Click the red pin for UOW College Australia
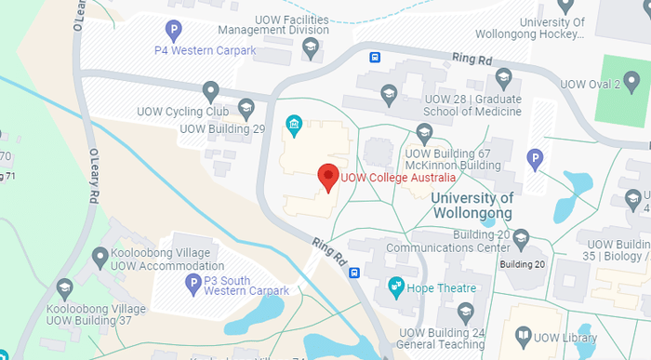tap(326, 176)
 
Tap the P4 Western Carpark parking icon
tap(173, 31)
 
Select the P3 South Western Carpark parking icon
tap(193, 284)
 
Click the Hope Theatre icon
tap(395, 285)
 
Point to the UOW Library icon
tap(524, 335)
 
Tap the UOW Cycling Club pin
tap(211, 91)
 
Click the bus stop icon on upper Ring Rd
tap(375, 57)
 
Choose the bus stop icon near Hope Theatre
tap(354, 273)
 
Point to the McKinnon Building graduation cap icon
tap(425, 131)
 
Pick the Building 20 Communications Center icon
tap(521, 237)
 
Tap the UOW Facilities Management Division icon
tap(310, 46)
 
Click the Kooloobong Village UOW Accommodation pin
tap(100, 255)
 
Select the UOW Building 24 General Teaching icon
tap(465, 311)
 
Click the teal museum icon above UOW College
tap(294, 124)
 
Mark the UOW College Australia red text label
tap(399, 177)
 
